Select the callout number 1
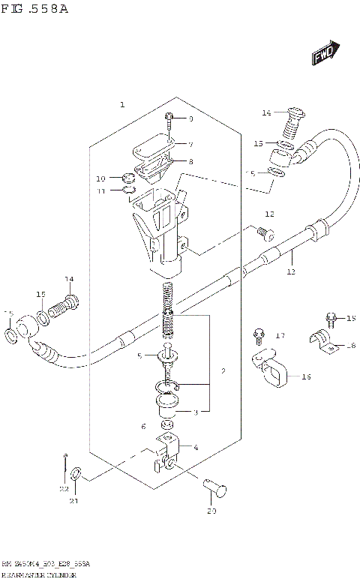122,105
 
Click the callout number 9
190,119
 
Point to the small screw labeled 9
169,120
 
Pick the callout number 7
190,144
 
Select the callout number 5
139,355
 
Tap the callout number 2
223,371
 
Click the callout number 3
196,412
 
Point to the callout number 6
143,426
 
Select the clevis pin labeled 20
214,489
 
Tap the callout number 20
211,511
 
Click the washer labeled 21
76,475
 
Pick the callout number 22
64,489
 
